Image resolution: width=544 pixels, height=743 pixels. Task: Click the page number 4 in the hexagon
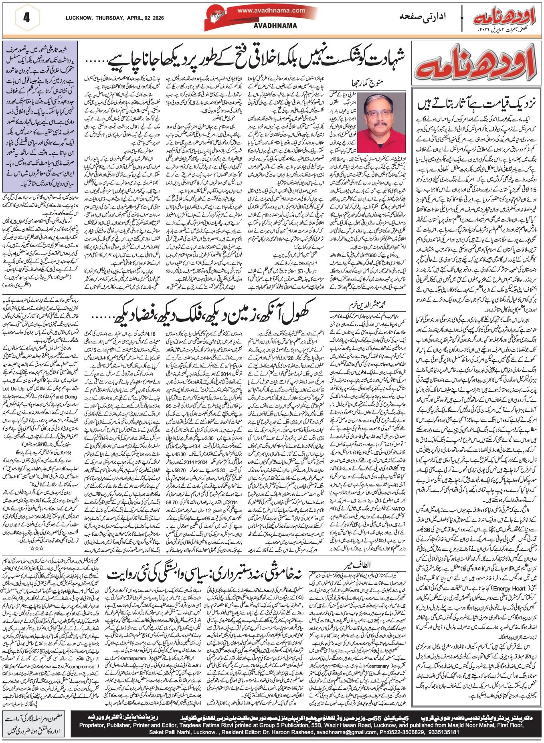pyautogui.click(x=26, y=18)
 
